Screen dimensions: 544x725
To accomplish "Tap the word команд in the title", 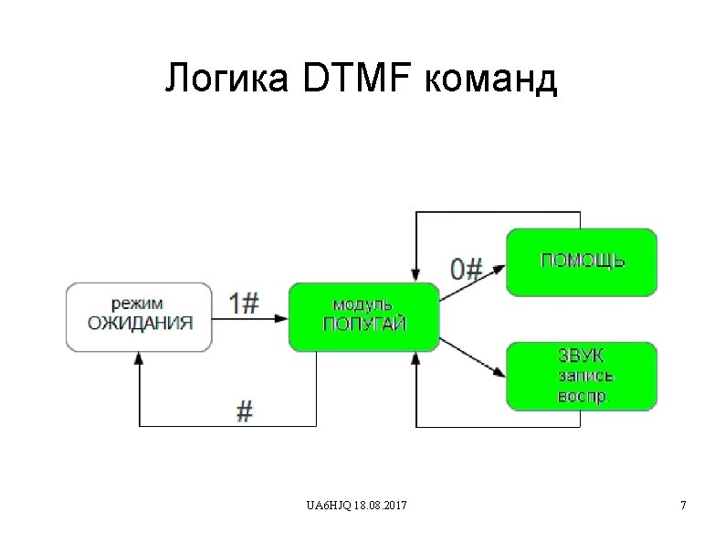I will (x=490, y=80).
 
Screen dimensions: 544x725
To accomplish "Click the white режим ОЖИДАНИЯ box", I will (x=140, y=316).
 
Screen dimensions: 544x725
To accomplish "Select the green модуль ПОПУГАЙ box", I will (x=363, y=316).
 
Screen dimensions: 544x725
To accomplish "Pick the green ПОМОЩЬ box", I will (x=582, y=262).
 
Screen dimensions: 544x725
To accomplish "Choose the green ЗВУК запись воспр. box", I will (x=582, y=375).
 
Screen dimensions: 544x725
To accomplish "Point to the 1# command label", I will (x=244, y=303).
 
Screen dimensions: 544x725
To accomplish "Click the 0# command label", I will (x=466, y=269).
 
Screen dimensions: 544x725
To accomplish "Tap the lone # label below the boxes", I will (x=244, y=412).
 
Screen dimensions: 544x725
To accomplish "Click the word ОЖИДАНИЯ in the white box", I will (x=140, y=323).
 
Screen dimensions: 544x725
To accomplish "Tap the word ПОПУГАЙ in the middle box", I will (x=363, y=325).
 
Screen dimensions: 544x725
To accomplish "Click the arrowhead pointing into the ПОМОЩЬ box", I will (x=499, y=267).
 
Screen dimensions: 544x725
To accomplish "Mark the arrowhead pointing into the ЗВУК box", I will (x=499, y=373).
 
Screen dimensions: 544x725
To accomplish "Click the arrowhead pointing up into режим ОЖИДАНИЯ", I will (x=140, y=358).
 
